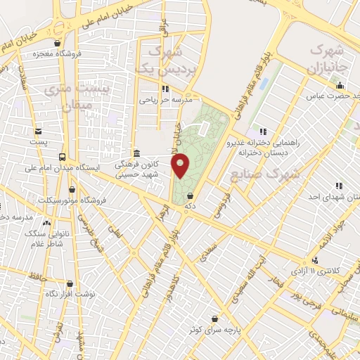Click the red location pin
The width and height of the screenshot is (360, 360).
coord(181,165)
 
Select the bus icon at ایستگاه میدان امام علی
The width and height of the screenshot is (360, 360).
coord(63,157)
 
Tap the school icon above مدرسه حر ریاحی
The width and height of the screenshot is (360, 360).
coord(165,89)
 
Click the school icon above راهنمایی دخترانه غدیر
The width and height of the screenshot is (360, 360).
coord(263,131)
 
